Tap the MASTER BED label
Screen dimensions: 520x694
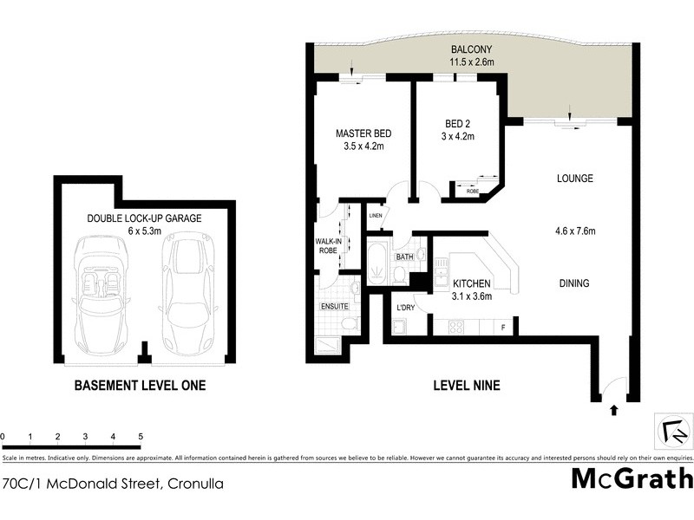(x=363, y=133)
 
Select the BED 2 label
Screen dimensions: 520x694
(x=458, y=122)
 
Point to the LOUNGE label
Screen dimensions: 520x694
(x=574, y=179)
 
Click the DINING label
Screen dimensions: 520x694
(x=574, y=283)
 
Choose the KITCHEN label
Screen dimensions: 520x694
(x=473, y=284)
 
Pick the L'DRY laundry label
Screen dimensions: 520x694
(x=404, y=309)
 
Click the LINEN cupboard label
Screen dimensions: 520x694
(x=376, y=216)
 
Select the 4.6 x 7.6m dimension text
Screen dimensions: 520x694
(x=574, y=231)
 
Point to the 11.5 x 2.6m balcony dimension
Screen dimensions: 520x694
(x=472, y=62)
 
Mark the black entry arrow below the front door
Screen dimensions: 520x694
(x=614, y=410)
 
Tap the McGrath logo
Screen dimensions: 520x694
(x=632, y=479)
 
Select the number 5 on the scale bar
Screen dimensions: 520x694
(x=141, y=437)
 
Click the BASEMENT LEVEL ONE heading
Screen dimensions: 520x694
(x=140, y=386)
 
